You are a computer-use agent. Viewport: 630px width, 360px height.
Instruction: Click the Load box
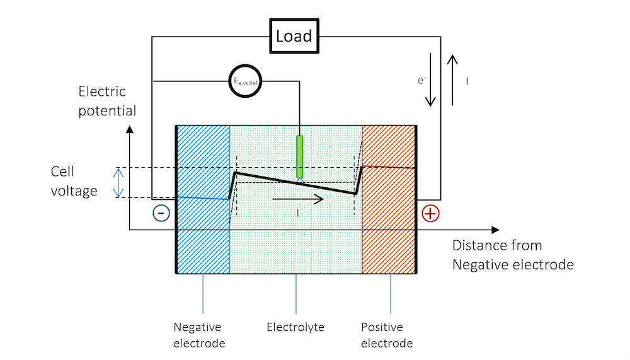294,36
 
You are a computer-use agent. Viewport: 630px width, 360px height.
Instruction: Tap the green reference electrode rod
300,156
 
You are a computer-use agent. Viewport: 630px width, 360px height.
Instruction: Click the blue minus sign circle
161,214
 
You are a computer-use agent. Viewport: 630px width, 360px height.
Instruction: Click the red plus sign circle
430,214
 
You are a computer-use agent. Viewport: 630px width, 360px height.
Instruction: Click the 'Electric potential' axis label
107,102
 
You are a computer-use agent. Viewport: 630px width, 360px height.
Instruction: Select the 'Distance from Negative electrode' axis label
512,255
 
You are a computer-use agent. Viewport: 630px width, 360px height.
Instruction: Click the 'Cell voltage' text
74,181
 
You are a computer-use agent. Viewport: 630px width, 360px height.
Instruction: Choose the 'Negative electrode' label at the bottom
198,335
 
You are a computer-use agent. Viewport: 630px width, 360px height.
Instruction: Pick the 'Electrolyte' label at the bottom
295,327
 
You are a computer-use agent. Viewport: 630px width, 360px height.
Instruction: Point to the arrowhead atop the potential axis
130,129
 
